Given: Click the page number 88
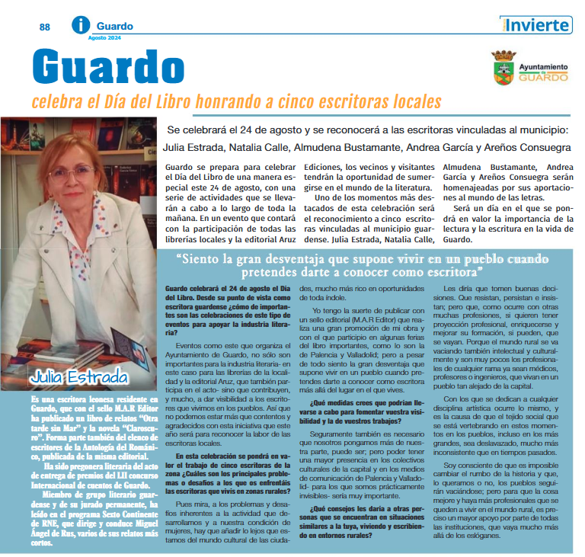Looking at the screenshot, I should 45,27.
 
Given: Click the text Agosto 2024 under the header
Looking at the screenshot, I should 104,37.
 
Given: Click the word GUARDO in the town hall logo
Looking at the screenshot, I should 544,77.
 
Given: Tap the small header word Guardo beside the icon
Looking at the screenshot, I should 114,26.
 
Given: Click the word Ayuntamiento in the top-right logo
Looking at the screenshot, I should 543,67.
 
